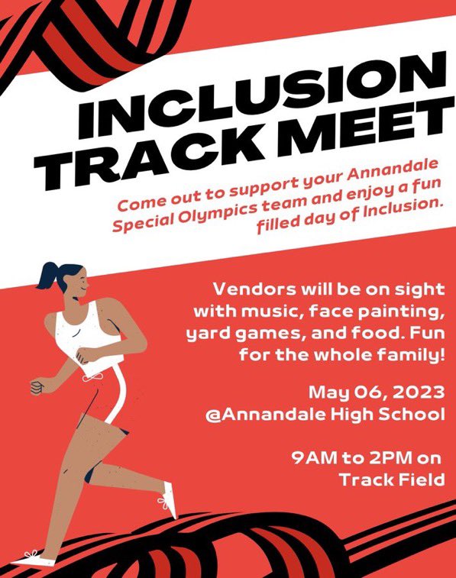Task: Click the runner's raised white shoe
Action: [x=169, y=506]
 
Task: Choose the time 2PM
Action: [x=384, y=459]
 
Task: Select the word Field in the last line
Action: [x=421, y=480]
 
